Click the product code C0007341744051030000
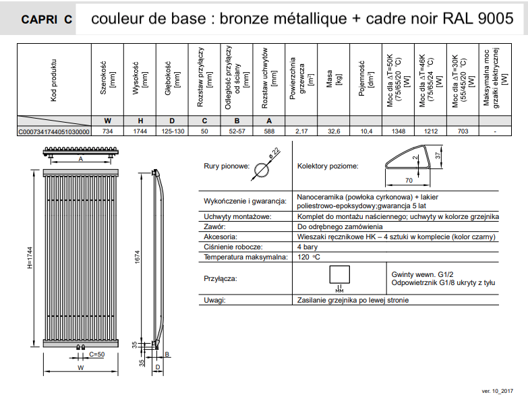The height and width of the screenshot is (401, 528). tap(54, 131)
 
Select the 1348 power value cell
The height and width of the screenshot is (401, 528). tap(399, 131)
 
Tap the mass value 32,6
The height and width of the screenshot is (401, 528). tap(334, 131)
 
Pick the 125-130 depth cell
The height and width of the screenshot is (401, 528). tap(173, 131)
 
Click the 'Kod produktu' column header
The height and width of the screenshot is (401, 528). tap(53, 80)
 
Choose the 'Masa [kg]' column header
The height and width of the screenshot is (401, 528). tap(334, 79)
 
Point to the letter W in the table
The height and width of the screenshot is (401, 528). tap(107, 121)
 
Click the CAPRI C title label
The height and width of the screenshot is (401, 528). tap(47, 20)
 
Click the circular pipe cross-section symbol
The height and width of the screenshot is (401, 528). tap(262, 171)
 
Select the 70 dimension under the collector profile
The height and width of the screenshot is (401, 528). tap(409, 181)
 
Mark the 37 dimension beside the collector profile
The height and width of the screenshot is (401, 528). tap(438, 156)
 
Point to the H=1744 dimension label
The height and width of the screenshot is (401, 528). tap(30, 257)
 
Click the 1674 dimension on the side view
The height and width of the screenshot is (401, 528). tap(137, 257)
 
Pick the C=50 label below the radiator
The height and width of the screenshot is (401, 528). tap(97, 354)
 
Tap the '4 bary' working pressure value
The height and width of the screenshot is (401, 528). tap(307, 247)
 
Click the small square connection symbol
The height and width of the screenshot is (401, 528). tap(339, 274)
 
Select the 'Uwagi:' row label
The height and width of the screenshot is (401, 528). tap(214, 300)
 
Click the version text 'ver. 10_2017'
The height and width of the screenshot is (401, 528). tap(498, 391)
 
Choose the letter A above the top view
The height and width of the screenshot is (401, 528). tap(80, 158)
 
